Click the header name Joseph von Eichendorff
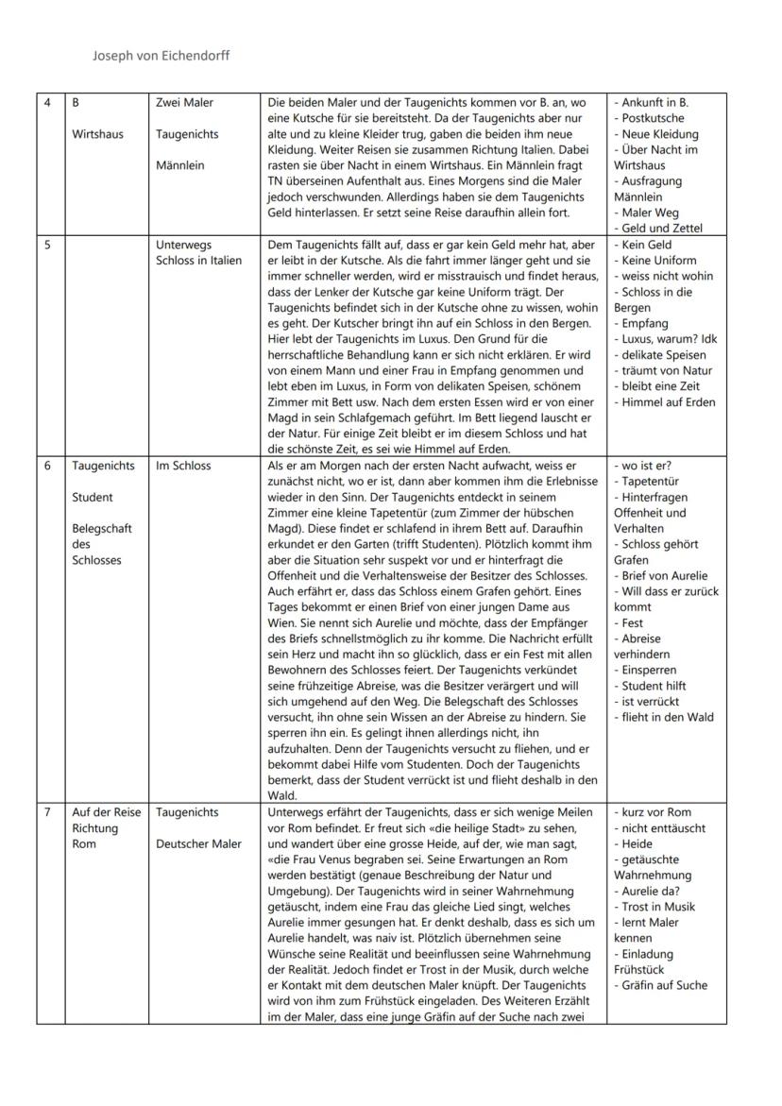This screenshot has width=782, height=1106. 161,56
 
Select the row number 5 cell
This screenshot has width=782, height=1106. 48,245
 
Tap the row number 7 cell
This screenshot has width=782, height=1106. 48,812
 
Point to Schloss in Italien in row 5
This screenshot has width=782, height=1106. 198,261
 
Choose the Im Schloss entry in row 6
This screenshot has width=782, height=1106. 183,466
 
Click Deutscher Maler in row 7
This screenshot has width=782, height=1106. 198,843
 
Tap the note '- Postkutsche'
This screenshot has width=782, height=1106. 653,118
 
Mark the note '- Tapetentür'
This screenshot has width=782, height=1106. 649,482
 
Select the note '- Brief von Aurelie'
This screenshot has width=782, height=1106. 660,575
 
